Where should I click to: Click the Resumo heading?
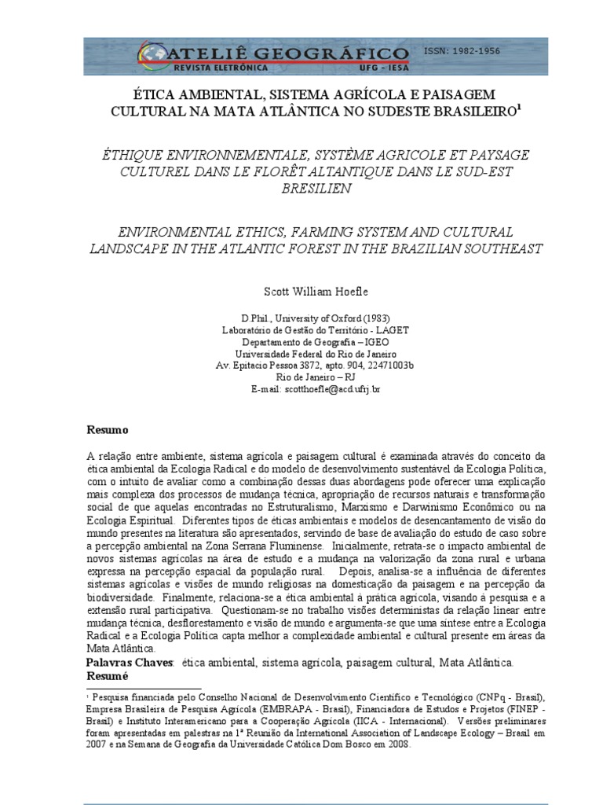106,431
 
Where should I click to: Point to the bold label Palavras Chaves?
129,663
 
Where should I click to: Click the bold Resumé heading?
106,676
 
